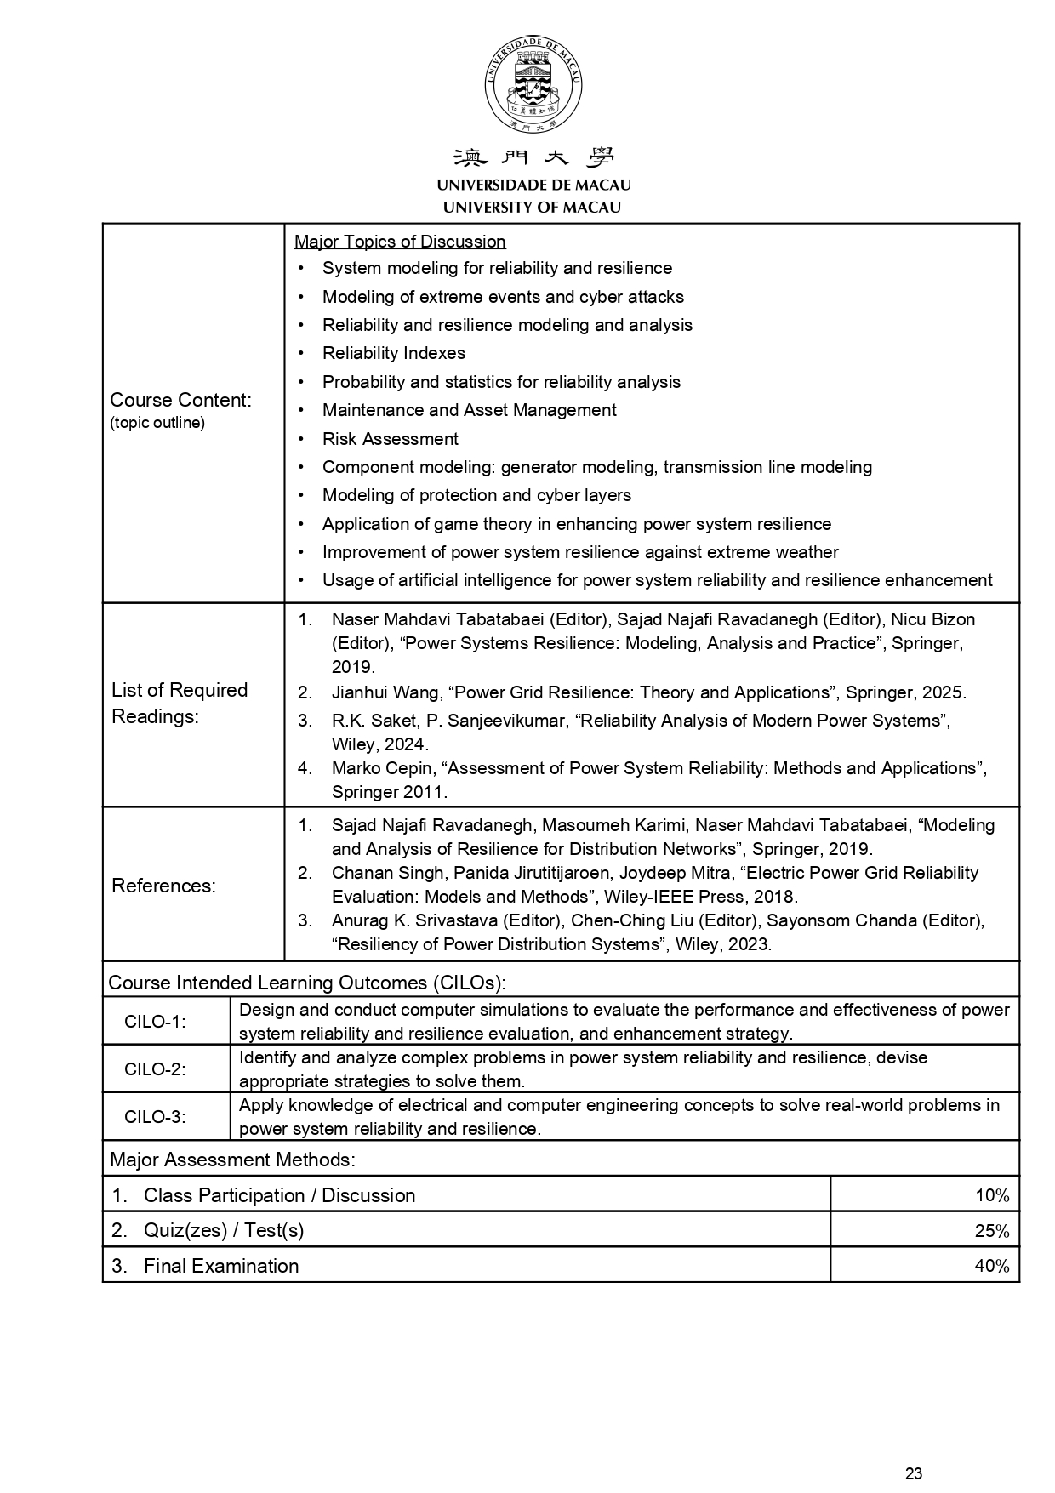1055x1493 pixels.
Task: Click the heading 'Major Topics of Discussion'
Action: [399, 242]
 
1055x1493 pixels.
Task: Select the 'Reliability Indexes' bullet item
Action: [393, 353]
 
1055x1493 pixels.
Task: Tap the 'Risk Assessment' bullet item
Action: [390, 439]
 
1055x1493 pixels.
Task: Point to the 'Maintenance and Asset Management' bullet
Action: [469, 410]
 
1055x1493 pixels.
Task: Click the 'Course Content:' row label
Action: [180, 400]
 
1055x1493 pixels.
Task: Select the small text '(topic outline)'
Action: [157, 423]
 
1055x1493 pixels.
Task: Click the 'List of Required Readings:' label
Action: [180, 703]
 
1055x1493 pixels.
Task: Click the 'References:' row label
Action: [163, 886]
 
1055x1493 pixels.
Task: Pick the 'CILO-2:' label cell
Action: [155, 1069]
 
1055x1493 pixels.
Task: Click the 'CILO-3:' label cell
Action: [155, 1117]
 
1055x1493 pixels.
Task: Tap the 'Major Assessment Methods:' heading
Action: [232, 1160]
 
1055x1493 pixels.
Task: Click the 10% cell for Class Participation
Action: [991, 1195]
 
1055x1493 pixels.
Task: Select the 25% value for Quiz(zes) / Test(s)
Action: [991, 1231]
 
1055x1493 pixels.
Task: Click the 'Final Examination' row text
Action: [220, 1266]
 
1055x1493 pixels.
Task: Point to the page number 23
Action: [914, 1473]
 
